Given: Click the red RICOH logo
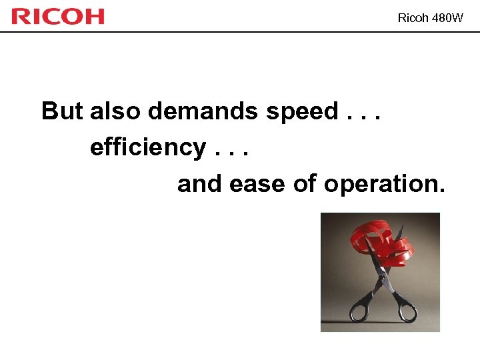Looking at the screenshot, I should pos(58,16).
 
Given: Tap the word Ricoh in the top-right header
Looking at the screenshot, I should pos(413,18).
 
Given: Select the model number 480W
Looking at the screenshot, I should pos(447,18).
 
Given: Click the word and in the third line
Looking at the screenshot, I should pos(200,183).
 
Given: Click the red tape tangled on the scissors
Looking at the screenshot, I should pos(380,241).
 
